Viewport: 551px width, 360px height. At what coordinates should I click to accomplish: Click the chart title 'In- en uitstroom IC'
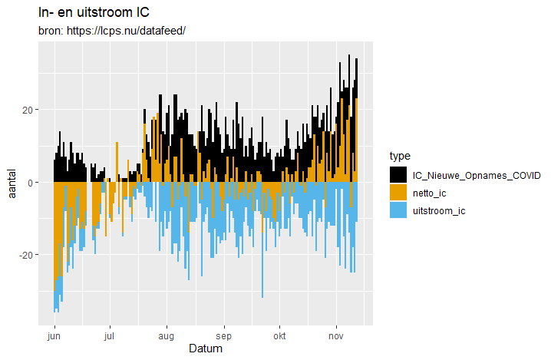click(93, 12)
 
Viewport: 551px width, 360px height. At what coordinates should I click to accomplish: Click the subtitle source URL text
click(112, 31)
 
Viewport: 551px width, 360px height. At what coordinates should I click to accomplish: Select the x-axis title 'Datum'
click(206, 349)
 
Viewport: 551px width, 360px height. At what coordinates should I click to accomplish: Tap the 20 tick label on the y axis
click(25, 110)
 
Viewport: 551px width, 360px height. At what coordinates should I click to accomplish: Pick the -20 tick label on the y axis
click(23, 255)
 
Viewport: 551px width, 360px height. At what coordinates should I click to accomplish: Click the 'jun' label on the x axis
click(54, 336)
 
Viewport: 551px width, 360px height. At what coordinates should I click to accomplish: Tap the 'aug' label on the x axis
click(166, 336)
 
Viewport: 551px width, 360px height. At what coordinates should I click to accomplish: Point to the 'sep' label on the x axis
click(223, 336)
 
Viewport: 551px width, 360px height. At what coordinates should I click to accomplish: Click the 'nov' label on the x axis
click(335, 336)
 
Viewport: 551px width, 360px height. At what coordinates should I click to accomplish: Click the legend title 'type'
click(400, 157)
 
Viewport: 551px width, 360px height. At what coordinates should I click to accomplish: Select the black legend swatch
click(398, 175)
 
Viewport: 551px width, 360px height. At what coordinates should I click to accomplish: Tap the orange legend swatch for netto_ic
click(398, 193)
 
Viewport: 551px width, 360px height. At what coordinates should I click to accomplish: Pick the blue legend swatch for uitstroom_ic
click(398, 210)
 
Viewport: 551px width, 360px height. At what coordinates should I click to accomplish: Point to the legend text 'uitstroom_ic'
click(439, 210)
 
